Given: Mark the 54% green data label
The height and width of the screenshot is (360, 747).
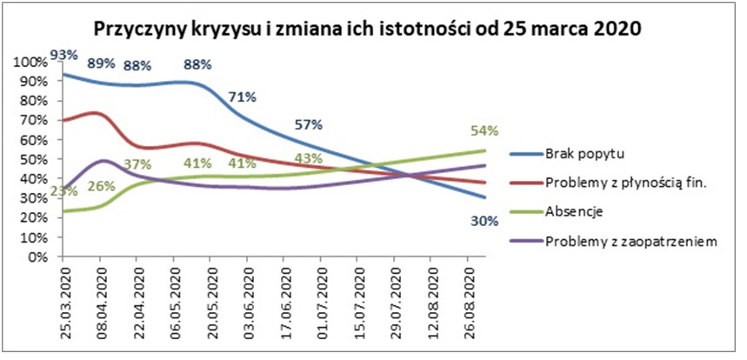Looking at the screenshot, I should [484, 130].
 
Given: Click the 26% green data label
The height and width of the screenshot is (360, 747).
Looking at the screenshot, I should [100, 186].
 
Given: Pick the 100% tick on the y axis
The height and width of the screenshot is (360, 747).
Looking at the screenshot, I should [34, 63].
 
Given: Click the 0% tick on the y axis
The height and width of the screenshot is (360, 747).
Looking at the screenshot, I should [40, 257].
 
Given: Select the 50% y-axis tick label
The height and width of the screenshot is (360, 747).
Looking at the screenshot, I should [37, 161].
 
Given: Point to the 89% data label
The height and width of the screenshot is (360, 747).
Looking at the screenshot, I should [102, 63].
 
